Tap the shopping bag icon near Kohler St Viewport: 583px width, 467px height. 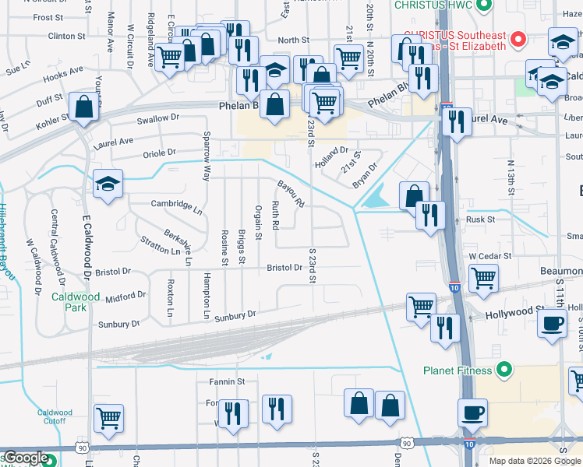83,107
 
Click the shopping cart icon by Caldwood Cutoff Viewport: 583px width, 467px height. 108,417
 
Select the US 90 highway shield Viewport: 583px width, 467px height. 82,448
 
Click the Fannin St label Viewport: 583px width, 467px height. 227,381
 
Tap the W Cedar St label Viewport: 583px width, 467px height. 489,255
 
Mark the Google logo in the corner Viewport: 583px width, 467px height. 25,458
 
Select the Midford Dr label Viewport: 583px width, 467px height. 125,297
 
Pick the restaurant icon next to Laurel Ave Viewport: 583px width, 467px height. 456,121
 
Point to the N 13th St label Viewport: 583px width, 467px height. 512,177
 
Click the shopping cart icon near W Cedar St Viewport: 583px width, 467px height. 484,277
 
